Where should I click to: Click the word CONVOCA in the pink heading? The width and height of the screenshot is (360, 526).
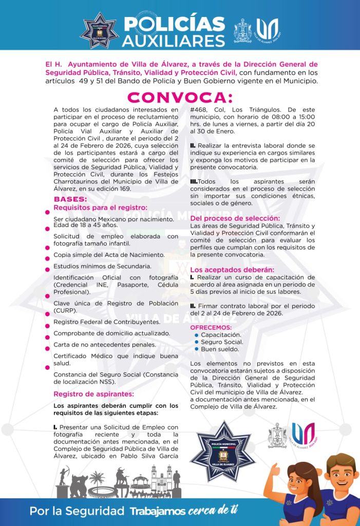tap(180, 97)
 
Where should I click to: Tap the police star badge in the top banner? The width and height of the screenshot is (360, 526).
tap(99, 30)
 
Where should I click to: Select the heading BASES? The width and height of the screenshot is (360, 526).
tap(70, 199)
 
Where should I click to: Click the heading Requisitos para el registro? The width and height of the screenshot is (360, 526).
tap(100, 208)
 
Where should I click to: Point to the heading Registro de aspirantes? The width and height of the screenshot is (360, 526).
tap(93, 394)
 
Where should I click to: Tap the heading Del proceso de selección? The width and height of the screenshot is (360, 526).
tap(235, 218)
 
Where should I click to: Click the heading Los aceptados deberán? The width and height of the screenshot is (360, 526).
tap(232, 270)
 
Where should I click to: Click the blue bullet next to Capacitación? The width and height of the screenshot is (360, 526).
tap(197, 335)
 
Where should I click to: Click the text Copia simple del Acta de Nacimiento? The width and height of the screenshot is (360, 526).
tap(109, 255)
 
